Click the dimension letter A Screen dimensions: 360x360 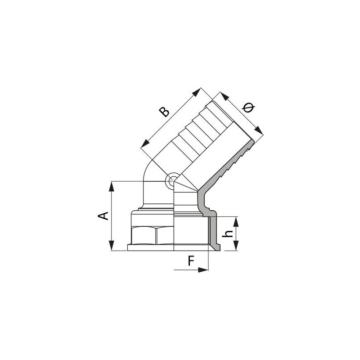click(103, 216)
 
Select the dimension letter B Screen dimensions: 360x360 click(164, 112)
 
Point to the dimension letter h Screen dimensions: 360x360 click(228, 234)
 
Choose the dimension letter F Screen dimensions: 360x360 click(191, 261)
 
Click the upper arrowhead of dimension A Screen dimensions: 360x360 click(112, 186)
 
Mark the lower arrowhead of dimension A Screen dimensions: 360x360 click(112, 245)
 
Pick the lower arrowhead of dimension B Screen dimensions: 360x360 click(145, 143)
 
